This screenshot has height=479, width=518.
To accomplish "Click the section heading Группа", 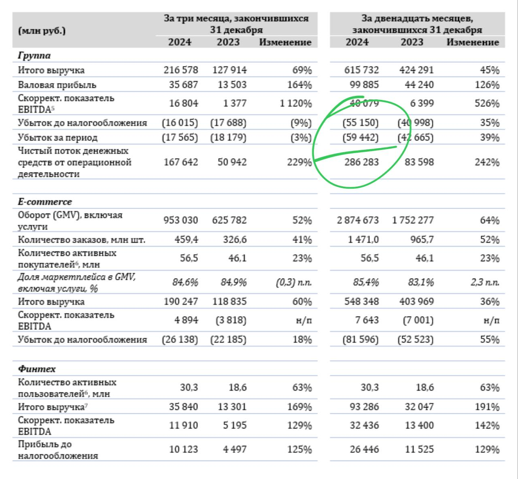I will [34, 56].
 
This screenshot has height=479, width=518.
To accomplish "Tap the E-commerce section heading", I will [45, 202].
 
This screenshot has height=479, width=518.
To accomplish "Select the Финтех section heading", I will [36, 369].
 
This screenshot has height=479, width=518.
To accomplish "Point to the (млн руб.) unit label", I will [42, 31].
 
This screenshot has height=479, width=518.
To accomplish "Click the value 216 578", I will [180, 70].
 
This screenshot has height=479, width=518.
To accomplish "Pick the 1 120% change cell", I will [295, 104].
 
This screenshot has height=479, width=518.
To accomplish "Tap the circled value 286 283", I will [361, 162].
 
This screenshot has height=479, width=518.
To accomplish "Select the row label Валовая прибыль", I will [57, 85].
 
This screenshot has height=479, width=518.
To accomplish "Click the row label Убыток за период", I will [57, 138].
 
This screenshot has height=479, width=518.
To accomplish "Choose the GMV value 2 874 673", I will [357, 220].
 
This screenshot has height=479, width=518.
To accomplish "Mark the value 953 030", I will [180, 220].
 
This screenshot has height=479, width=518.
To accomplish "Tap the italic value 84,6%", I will [185, 282].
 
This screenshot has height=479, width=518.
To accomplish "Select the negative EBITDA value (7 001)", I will [418, 320].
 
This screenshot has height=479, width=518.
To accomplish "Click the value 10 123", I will [183, 449].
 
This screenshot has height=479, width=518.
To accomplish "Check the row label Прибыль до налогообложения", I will [58, 450].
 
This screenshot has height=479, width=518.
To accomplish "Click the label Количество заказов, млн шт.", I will [81, 240].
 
